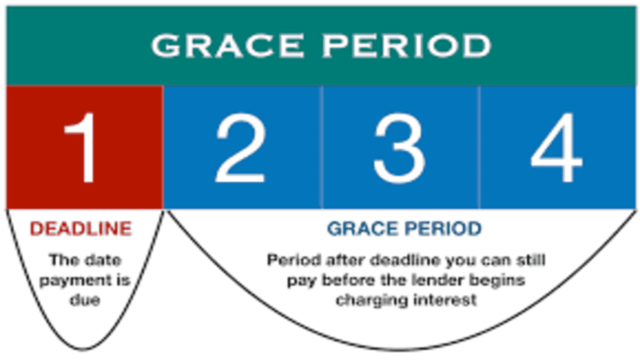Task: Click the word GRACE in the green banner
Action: (x=227, y=45)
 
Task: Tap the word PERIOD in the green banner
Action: (x=407, y=45)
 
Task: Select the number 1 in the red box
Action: (x=81, y=147)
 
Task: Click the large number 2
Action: (x=240, y=147)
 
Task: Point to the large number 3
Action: (x=399, y=148)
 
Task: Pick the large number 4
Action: (x=556, y=147)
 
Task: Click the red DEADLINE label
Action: (x=81, y=228)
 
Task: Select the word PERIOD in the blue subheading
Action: (x=443, y=228)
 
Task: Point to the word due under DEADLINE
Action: (x=85, y=300)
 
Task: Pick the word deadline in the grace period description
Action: (x=405, y=260)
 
